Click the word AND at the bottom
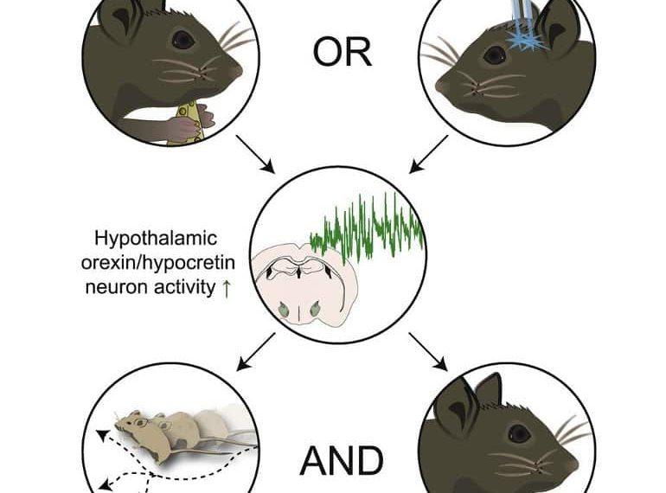343,462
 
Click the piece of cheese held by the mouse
191,122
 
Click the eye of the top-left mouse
182,39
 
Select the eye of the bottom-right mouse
518,432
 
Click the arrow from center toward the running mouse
256,349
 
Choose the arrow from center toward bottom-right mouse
427,349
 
